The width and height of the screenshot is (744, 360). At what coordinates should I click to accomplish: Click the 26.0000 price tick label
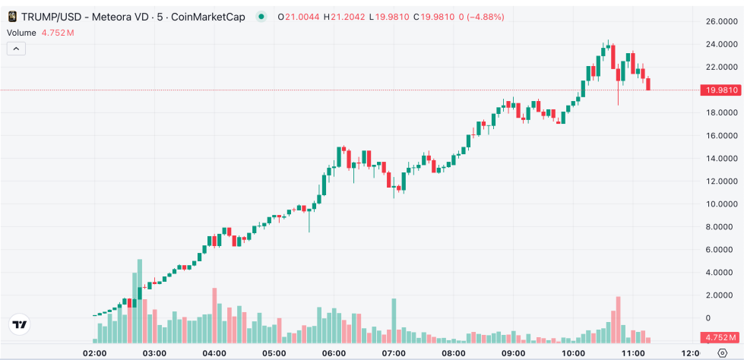718,21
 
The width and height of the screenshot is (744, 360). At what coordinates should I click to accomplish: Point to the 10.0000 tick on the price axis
718,204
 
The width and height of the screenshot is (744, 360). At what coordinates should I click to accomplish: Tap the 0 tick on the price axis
708,317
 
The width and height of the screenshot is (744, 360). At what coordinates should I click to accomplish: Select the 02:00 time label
94,353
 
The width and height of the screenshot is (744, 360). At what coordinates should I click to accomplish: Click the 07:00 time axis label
394,353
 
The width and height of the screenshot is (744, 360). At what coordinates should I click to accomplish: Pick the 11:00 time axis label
633,353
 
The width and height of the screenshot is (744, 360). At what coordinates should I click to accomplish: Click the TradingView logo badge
20,324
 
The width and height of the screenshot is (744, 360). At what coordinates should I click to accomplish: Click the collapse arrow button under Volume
16,49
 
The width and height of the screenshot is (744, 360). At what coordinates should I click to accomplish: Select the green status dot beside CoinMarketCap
262,17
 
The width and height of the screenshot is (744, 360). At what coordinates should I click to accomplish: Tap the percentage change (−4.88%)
483,17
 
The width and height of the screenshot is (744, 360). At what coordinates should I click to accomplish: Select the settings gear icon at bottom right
722,353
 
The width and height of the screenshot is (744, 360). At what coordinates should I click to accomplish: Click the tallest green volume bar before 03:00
140,301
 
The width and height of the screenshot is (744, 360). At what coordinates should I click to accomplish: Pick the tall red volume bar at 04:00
214,315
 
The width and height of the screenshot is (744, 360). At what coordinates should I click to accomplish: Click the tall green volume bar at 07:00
394,321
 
